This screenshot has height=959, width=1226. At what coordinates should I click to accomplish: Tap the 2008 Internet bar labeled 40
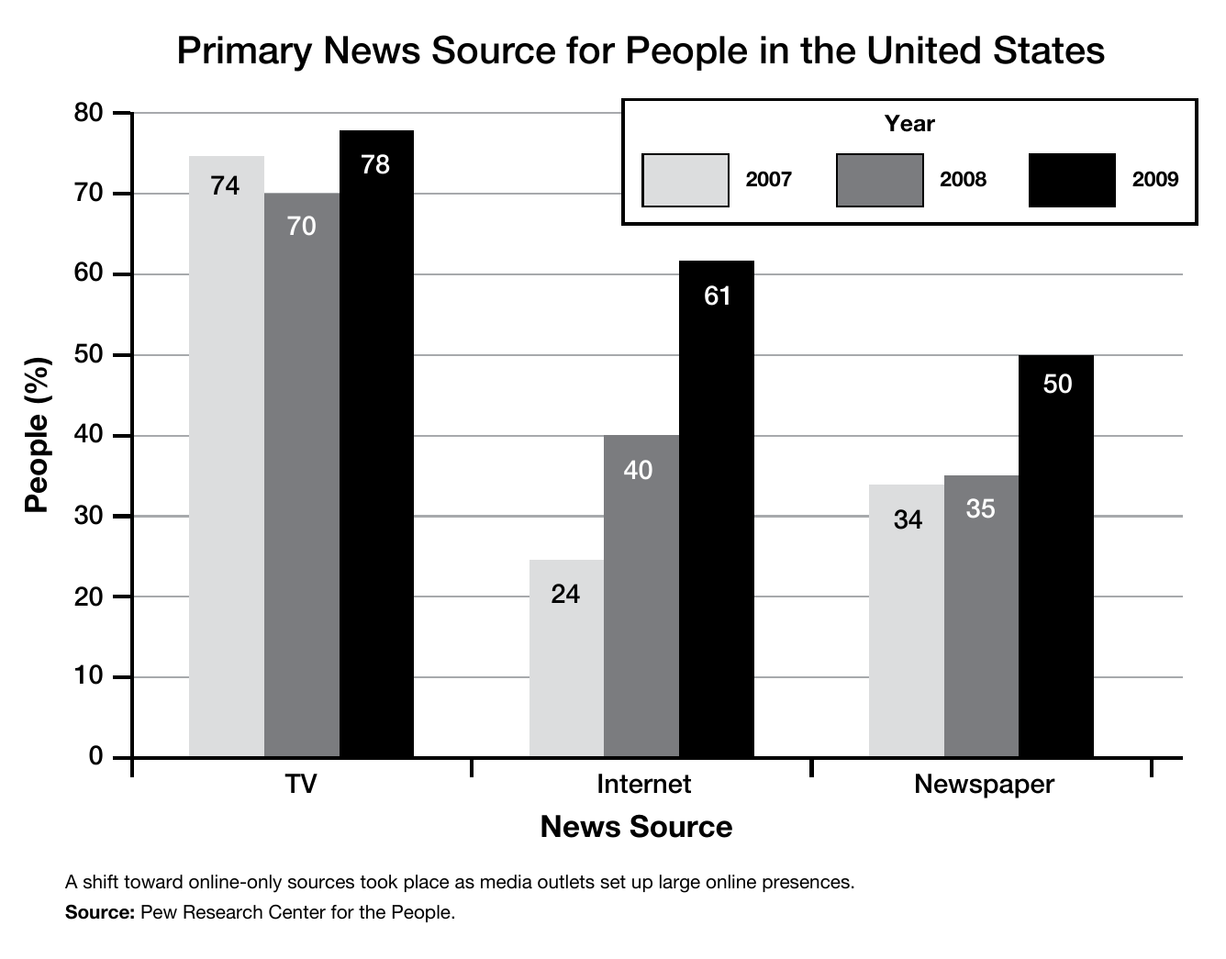click(641, 596)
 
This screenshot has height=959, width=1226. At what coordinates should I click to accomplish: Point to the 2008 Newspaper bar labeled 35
click(981, 616)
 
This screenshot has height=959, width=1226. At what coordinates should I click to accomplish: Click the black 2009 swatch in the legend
click(1072, 180)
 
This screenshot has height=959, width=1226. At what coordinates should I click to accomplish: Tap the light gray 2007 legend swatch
click(685, 180)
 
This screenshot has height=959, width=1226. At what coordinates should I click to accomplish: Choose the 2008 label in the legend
click(963, 180)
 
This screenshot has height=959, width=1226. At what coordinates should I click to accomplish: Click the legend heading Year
click(909, 124)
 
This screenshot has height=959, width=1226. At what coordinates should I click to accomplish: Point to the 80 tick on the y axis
click(88, 113)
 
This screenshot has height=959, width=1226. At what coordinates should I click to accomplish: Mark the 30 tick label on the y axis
click(88, 516)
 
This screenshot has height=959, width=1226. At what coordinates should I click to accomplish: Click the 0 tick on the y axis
click(95, 757)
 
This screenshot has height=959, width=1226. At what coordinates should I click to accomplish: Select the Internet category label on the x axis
click(643, 785)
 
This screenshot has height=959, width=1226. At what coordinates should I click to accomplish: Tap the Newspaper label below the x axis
click(984, 785)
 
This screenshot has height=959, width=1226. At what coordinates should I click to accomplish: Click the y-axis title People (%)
click(37, 435)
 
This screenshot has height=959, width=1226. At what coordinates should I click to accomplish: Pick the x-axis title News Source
click(636, 827)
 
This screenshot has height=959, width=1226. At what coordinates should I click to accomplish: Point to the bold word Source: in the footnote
click(100, 912)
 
